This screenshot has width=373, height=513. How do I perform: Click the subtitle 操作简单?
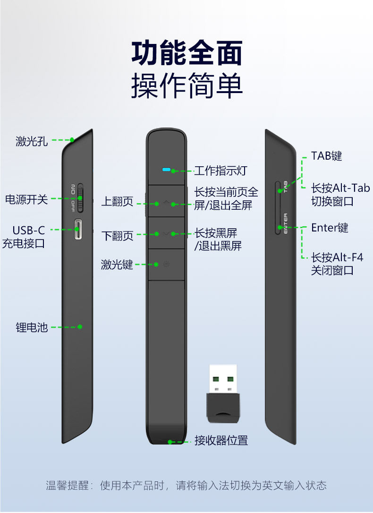point(186,86)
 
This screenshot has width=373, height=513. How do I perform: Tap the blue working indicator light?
point(166,170)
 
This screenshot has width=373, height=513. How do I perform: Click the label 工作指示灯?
point(220,171)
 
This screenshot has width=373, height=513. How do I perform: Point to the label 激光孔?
point(32,140)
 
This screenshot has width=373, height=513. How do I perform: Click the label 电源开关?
point(26,199)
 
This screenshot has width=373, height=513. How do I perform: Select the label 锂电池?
point(32,327)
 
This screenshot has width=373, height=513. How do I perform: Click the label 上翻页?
point(118,202)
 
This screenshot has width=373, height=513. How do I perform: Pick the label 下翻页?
point(118,235)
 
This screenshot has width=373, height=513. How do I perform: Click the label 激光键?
point(117,265)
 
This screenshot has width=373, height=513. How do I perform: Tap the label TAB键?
point(326,156)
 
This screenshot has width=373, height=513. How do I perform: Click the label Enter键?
point(330,228)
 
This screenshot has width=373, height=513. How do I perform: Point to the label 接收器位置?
point(221,440)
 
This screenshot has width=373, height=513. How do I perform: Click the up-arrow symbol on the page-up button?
point(166,202)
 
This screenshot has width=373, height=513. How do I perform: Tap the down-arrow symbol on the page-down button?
point(166,233)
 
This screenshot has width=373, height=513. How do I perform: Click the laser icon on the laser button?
point(166,264)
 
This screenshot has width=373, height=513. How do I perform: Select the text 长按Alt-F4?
point(337,257)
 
